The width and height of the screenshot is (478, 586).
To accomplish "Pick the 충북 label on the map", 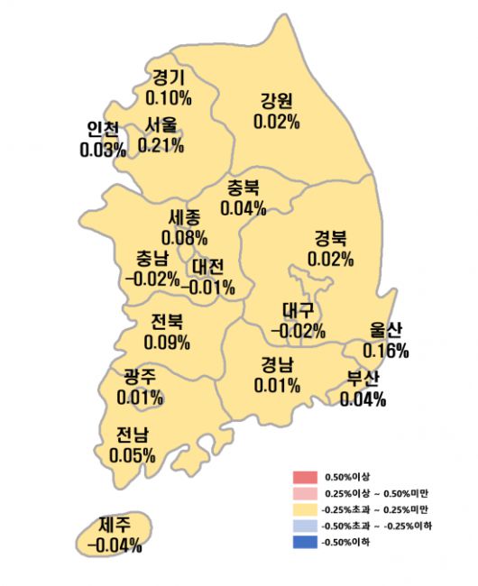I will pyautogui.click(x=244, y=189).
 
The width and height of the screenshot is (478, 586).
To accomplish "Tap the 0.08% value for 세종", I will pyautogui.click(x=185, y=239).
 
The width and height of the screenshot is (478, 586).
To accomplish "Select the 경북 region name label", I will pyautogui.click(x=329, y=239).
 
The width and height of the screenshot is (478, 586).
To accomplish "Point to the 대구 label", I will pyautogui.click(x=298, y=311).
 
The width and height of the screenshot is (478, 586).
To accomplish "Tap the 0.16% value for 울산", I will pyautogui.click(x=386, y=349).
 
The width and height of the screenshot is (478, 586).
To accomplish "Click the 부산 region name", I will pyautogui.click(x=363, y=378).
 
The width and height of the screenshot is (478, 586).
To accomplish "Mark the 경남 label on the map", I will pyautogui.click(x=278, y=366).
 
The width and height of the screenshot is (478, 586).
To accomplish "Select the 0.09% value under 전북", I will pyautogui.click(x=167, y=342).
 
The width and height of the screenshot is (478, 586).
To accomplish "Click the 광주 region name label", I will pyautogui.click(x=140, y=377).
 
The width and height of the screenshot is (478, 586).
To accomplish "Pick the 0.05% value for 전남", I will pyautogui.click(x=132, y=454).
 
